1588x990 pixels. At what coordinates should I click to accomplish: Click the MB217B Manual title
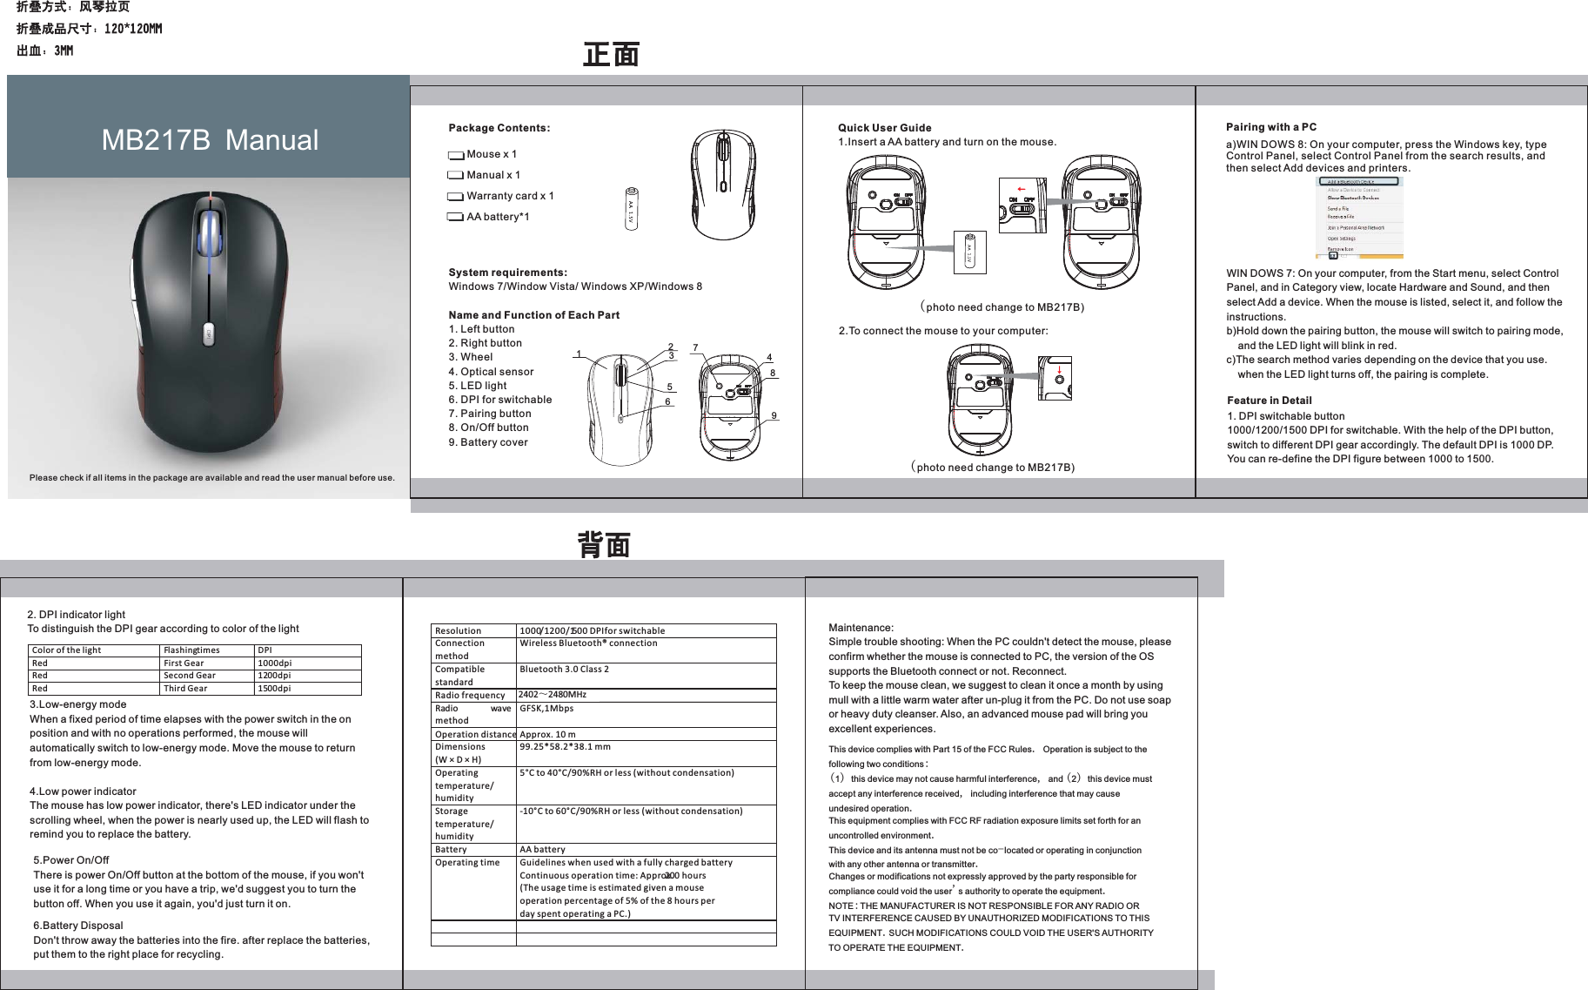tap(210, 140)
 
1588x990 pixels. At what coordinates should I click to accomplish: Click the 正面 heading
tap(611, 55)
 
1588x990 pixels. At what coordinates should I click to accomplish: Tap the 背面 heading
tap(604, 546)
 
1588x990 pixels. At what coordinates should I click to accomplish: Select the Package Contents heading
tap(499, 128)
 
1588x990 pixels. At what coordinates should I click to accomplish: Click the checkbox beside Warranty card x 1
tap(456, 197)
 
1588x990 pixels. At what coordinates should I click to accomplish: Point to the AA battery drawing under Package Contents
tap(631, 209)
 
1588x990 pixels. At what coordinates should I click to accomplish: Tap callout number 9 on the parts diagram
tap(774, 416)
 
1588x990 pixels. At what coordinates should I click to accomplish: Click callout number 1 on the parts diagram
tap(579, 354)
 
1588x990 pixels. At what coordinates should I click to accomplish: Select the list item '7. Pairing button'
tap(490, 414)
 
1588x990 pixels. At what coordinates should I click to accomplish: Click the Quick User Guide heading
tap(884, 128)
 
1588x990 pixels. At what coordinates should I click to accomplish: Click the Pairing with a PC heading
tap(1270, 127)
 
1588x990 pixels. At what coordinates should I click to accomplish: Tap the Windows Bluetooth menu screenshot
tap(1358, 218)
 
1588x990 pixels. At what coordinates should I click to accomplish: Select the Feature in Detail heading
tap(1269, 401)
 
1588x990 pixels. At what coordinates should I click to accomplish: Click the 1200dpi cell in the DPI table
tap(274, 676)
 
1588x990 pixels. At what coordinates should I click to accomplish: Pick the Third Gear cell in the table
tap(185, 689)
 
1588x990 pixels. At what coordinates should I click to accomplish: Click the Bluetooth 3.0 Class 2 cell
tap(564, 670)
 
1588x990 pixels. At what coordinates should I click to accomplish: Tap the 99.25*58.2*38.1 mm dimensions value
tap(565, 747)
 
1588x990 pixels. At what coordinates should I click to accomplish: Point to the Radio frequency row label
tap(469, 696)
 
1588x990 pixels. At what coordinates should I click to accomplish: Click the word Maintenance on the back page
tap(860, 628)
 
